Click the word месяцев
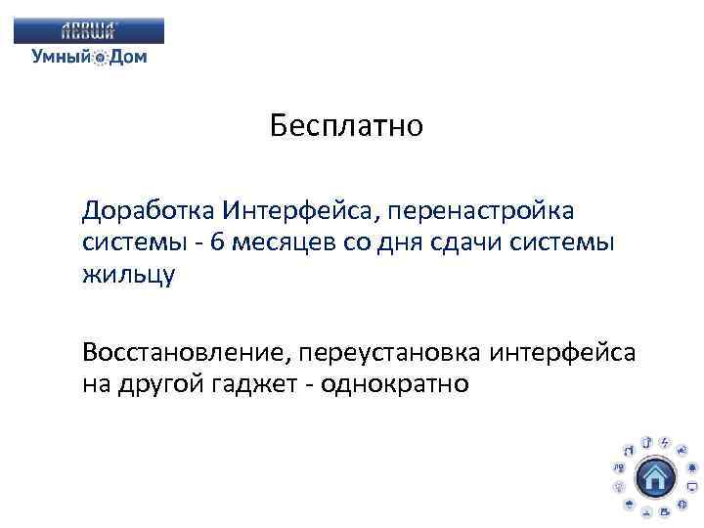pyautogui.click(x=279, y=242)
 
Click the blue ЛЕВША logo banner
pyautogui.click(x=89, y=30)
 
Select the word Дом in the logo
pyautogui.click(x=128, y=57)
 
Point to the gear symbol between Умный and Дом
pyautogui.click(x=100, y=58)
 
